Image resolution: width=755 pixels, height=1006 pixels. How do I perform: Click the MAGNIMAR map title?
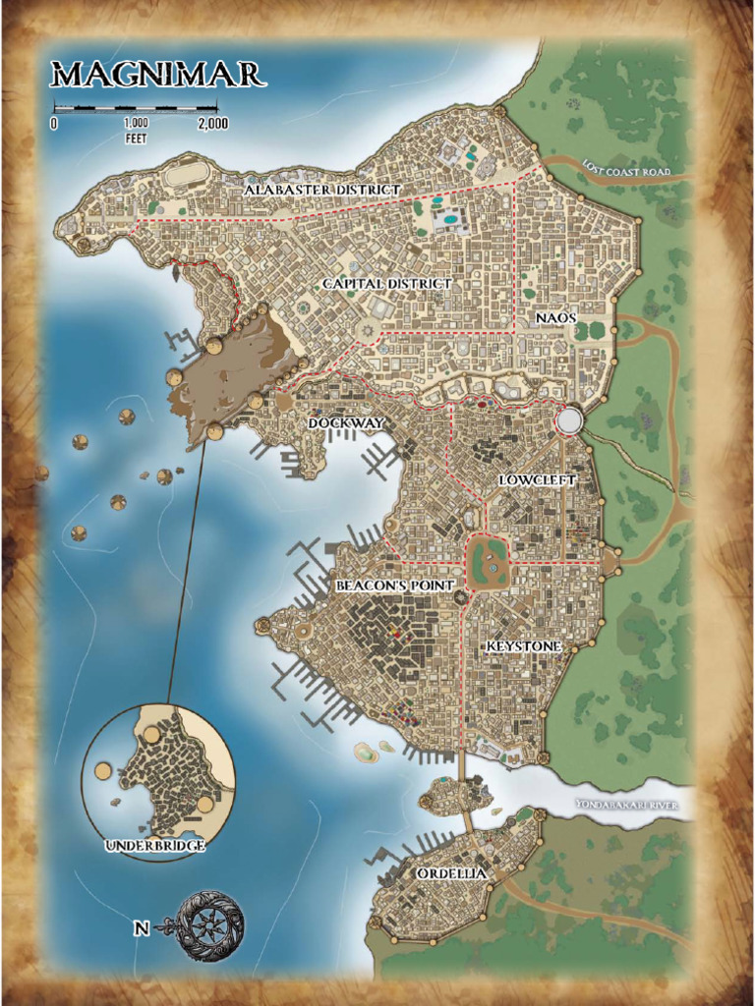click(157, 75)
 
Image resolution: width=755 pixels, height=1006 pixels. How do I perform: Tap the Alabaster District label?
click(322, 189)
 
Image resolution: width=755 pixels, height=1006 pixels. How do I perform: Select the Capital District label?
click(387, 284)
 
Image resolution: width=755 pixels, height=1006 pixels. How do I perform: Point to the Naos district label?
click(556, 318)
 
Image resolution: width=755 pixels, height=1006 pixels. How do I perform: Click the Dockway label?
click(346, 422)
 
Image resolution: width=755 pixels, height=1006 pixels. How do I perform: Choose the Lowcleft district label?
click(536, 480)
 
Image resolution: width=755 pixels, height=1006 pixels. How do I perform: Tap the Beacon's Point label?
click(395, 586)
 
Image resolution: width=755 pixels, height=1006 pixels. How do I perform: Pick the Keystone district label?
click(524, 646)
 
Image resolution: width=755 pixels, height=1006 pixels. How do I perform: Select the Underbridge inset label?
click(155, 846)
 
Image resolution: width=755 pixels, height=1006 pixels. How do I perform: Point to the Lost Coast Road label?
click(625, 171)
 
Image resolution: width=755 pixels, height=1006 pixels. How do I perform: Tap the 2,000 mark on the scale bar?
click(212, 124)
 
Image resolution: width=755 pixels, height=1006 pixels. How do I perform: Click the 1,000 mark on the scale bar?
click(136, 124)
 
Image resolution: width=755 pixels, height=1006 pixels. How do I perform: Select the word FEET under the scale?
click(136, 139)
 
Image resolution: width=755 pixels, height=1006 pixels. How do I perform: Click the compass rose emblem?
click(209, 925)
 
